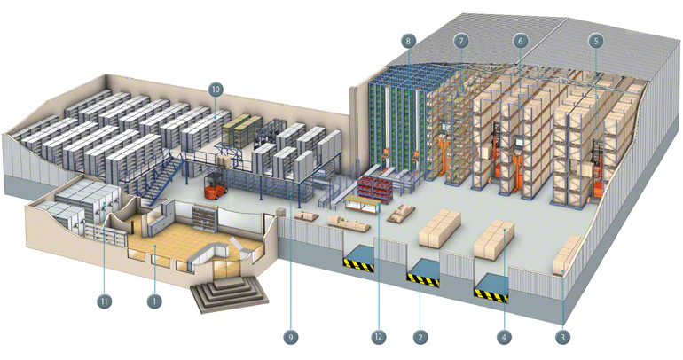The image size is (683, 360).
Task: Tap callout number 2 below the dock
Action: (x=420, y=336)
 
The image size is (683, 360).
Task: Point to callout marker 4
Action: (x=504, y=336)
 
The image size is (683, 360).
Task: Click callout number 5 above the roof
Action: (x=595, y=40)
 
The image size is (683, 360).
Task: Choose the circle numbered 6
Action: (x=520, y=40)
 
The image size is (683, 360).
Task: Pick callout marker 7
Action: (x=460, y=40)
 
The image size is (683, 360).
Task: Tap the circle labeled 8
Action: (x=408, y=41)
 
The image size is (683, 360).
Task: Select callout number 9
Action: (x=288, y=336)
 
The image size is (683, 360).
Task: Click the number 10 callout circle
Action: (x=216, y=89)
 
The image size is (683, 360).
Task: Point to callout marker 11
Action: (x=104, y=301)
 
